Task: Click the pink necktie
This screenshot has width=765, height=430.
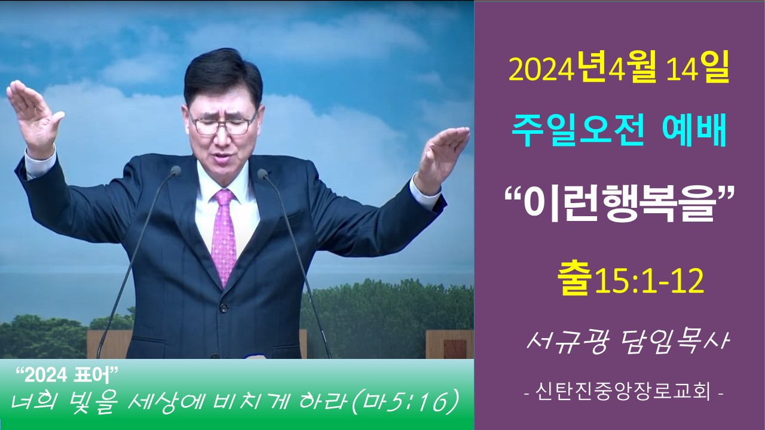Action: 224,235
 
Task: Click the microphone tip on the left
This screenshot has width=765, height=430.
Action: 176,171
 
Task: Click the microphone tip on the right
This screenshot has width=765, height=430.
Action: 262,174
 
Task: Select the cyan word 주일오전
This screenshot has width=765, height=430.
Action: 578,132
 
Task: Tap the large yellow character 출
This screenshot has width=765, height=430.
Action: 575,281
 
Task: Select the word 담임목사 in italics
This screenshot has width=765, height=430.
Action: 671,342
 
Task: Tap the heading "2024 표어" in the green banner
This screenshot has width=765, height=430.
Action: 68,376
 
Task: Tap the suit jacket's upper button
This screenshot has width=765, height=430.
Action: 224,306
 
